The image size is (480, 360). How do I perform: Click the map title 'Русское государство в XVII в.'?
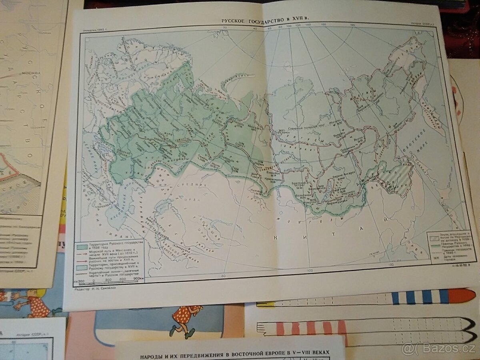[266, 20]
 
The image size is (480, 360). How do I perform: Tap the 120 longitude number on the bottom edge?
[390, 264]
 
